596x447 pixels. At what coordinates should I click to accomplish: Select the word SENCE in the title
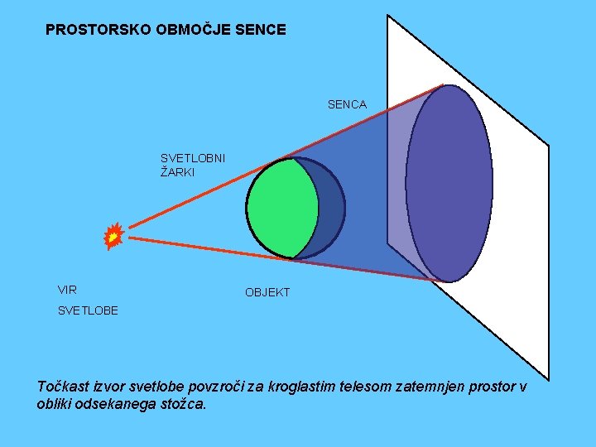261,30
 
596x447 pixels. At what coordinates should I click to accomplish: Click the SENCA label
347,104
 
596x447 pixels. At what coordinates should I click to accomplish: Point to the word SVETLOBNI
193,158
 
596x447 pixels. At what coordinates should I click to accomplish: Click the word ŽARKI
178,173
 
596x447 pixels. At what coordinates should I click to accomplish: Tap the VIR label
67,290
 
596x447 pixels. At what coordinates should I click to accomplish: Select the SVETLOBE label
88,310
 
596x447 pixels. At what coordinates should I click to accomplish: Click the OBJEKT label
267,293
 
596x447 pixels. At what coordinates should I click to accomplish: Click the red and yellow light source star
113,237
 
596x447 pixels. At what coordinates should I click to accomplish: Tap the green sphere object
280,208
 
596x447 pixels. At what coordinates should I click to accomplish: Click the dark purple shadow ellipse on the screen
449,183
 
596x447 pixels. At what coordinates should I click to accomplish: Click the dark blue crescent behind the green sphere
331,207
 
